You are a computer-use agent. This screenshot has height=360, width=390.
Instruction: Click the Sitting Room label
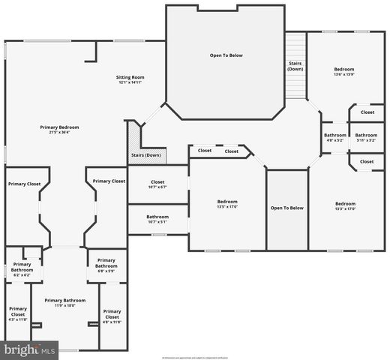click(x=129, y=79)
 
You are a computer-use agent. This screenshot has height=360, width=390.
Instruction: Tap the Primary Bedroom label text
click(x=59, y=129)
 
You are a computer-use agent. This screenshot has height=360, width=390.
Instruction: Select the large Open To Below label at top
click(x=226, y=55)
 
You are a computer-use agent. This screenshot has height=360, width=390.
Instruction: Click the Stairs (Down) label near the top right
click(x=295, y=67)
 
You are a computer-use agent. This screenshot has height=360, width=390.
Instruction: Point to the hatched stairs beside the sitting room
click(x=134, y=139)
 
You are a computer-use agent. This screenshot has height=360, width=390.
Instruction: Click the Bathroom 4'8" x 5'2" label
click(x=334, y=137)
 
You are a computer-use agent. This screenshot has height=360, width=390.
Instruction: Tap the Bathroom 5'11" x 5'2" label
click(x=366, y=137)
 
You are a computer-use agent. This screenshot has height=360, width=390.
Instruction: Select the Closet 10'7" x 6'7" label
click(x=157, y=184)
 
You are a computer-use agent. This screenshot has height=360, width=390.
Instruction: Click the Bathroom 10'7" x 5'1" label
click(x=157, y=219)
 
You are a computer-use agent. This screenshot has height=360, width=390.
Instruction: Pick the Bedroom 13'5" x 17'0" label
click(x=227, y=204)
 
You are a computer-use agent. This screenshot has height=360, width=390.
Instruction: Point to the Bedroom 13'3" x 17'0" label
click(x=345, y=206)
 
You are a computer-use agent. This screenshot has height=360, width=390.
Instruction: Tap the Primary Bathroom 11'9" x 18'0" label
click(x=65, y=302)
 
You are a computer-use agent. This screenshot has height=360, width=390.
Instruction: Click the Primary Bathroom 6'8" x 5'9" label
click(x=106, y=263)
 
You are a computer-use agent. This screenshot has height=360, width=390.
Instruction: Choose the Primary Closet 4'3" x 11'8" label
click(x=17, y=313)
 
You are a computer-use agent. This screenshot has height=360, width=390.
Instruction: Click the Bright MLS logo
click(x=30, y=349)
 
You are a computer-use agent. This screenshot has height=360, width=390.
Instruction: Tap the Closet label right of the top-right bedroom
click(x=367, y=112)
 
